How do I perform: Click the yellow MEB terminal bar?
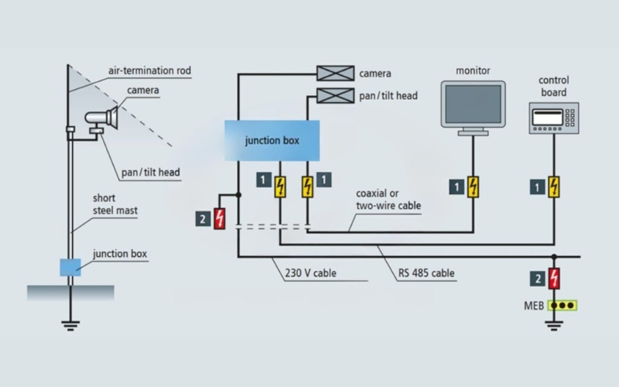click(563, 304)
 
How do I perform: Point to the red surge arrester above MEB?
click(554, 278)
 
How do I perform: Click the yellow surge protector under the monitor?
click(473, 187)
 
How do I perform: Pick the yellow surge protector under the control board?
click(554, 187)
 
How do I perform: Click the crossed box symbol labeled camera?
click(335, 74)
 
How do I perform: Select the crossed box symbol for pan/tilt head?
click(335, 97)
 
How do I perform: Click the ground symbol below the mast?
click(70, 324)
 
